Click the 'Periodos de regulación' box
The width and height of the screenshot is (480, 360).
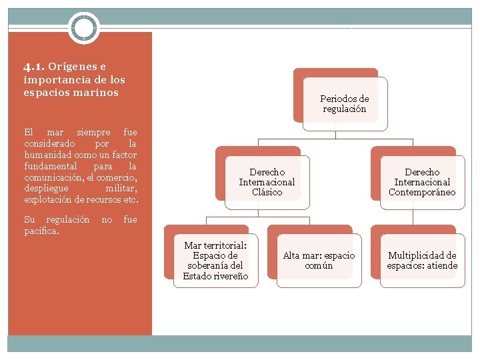click(344, 104)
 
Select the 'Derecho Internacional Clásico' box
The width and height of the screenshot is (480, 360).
click(267, 182)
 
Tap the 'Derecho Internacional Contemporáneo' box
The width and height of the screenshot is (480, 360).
click(422, 182)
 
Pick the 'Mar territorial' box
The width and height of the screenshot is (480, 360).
click(215, 261)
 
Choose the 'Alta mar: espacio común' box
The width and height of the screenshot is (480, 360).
click(319, 261)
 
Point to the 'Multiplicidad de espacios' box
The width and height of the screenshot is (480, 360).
click(422, 261)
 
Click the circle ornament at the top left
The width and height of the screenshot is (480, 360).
click(84, 29)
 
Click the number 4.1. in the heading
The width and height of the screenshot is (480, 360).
click(34, 67)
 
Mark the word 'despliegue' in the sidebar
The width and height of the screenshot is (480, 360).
click(46, 189)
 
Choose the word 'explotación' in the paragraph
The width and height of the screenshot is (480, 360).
click(48, 200)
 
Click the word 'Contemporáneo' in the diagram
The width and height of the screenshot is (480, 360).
click(422, 193)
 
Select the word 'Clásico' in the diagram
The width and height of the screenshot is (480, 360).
click(267, 193)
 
